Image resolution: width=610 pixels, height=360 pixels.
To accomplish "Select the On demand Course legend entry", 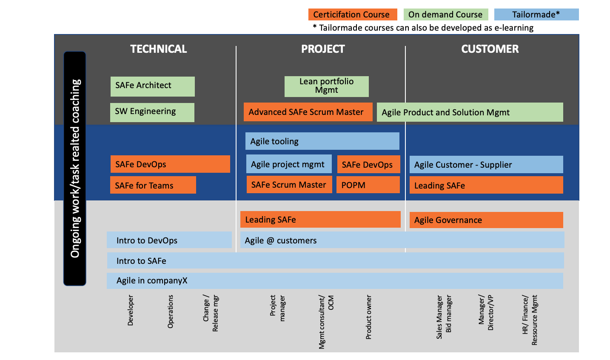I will (x=445, y=14).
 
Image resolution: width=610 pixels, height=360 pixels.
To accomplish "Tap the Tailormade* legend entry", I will (x=536, y=14).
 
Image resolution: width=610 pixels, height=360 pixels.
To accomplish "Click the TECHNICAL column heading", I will (x=159, y=49).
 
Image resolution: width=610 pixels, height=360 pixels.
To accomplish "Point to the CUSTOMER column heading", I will (x=490, y=49).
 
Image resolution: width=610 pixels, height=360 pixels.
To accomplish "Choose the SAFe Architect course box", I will (x=152, y=86).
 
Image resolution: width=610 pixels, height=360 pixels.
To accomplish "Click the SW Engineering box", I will (x=152, y=112).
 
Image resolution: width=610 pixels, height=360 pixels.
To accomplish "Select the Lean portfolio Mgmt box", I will (x=326, y=86).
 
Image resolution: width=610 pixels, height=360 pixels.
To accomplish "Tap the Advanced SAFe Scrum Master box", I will (x=308, y=112).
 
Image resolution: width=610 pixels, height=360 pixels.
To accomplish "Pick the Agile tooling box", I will (x=322, y=141).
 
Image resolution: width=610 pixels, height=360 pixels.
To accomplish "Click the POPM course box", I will (x=368, y=185).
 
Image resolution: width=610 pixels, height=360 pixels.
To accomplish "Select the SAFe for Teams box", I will (x=153, y=185).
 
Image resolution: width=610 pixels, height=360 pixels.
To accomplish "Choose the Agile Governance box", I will (x=486, y=220).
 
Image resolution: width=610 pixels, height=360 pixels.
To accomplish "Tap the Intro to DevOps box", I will (x=169, y=240).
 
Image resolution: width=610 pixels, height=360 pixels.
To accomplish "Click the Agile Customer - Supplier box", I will (x=486, y=165).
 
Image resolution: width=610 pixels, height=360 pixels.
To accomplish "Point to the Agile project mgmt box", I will (x=288, y=164).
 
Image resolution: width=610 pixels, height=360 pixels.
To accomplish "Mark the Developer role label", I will (x=130, y=311).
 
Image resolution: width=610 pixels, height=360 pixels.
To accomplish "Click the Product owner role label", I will (x=368, y=317).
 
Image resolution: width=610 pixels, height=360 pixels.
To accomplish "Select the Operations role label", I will (x=170, y=312).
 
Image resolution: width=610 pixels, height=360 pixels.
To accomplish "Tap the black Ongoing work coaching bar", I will (x=75, y=169).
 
